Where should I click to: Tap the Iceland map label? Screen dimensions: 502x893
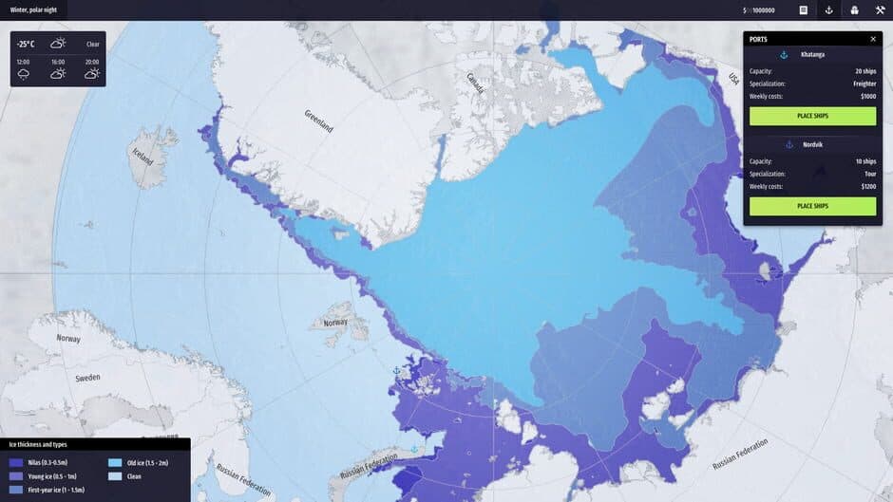[x=142, y=155]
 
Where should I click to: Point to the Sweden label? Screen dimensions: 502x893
[x=87, y=378]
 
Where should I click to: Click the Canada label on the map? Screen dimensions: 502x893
[x=474, y=83]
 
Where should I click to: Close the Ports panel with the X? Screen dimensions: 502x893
[x=873, y=39]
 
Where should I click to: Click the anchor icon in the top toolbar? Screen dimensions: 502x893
[x=828, y=10]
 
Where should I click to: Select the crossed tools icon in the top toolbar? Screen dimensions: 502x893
[x=880, y=10]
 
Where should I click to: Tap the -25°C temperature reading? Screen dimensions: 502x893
[x=26, y=44]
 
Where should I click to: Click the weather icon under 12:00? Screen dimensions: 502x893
[x=24, y=73]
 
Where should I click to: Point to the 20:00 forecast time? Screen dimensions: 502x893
[x=91, y=61]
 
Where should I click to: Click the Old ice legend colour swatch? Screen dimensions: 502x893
[x=115, y=463]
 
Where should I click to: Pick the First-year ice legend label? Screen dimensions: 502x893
[x=56, y=490]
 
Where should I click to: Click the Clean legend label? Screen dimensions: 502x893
[x=134, y=476]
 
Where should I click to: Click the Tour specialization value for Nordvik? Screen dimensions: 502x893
[x=868, y=174]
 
